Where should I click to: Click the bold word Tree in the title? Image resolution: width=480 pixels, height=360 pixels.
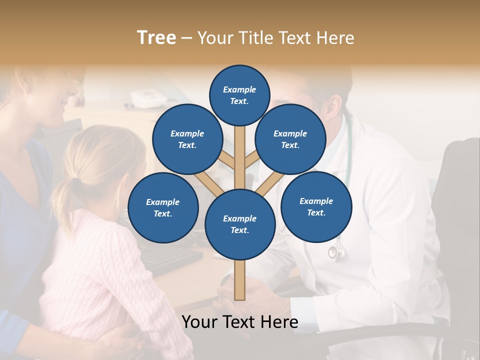tap(156, 38)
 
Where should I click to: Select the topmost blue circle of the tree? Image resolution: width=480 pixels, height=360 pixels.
tap(239, 95)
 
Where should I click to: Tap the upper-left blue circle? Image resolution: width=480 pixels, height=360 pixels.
tap(187, 139)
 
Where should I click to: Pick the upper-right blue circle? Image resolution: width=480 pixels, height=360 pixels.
tap(290, 139)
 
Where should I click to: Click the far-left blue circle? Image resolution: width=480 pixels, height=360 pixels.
tap(163, 207)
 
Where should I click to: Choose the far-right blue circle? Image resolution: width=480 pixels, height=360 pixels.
tap(316, 206)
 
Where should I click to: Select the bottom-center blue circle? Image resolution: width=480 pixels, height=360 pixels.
tap(240, 224)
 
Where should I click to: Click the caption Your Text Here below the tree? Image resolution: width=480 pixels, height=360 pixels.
tap(240, 322)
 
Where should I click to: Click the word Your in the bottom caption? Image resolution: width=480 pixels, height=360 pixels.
tap(199, 322)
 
